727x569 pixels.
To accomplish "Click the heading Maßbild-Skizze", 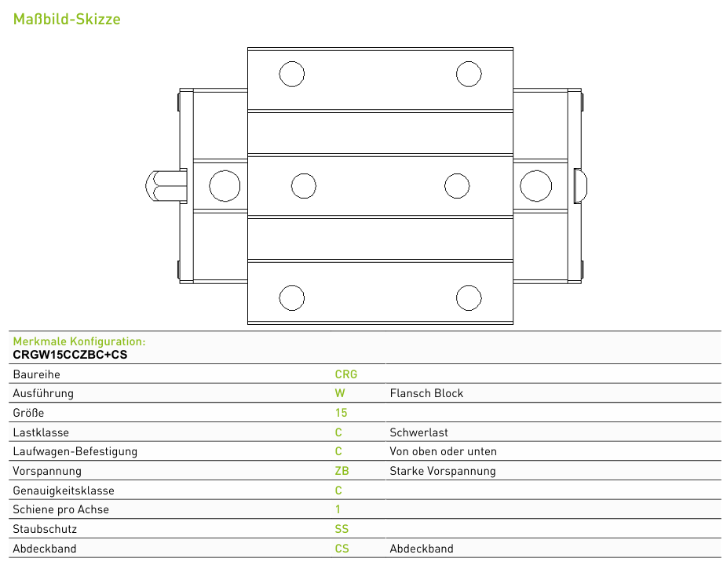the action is [x=67, y=19].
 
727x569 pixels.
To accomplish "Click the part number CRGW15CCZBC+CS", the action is [x=70, y=355].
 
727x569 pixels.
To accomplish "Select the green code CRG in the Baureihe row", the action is [x=346, y=374].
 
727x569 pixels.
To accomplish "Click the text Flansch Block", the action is [x=426, y=393].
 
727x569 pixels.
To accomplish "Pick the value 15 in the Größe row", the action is [x=342, y=413].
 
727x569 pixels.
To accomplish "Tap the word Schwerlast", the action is [x=418, y=432].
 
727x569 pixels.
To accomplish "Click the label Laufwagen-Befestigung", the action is [x=75, y=452].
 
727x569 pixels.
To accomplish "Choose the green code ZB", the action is [x=342, y=471].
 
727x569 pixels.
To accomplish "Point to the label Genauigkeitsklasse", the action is [x=64, y=491].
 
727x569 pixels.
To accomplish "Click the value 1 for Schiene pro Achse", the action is [x=338, y=509].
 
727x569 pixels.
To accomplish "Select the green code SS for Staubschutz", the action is [x=342, y=529].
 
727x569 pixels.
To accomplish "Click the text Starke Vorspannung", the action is [x=443, y=471].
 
